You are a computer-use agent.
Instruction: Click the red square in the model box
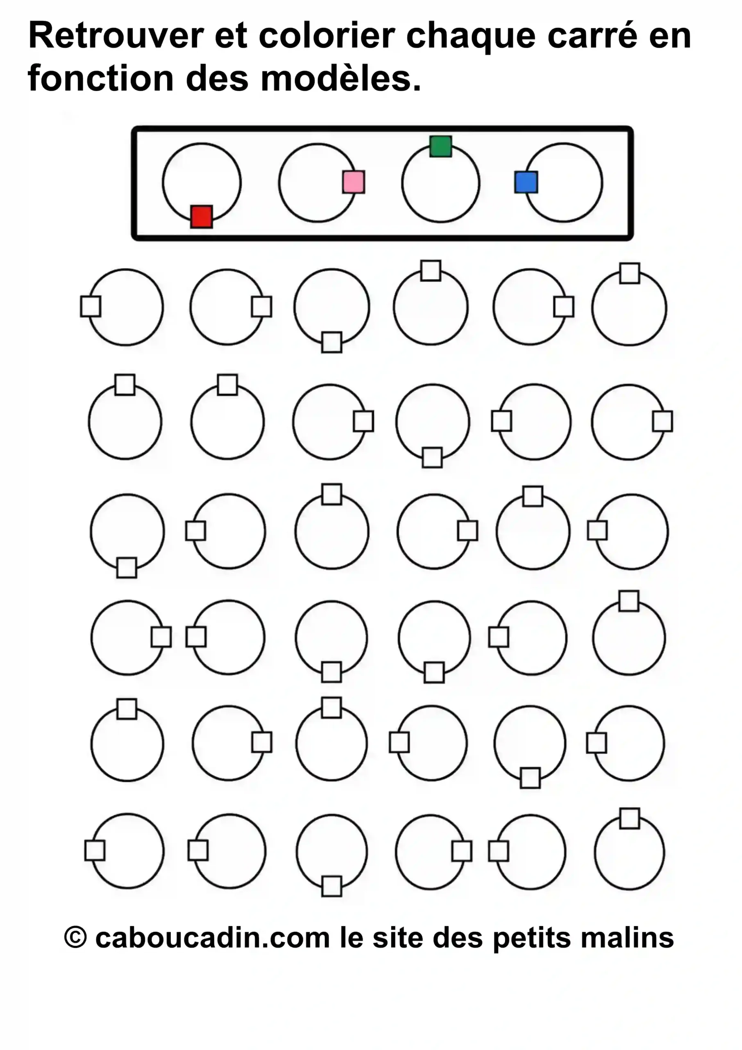[202, 217]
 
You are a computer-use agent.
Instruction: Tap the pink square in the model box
[354, 182]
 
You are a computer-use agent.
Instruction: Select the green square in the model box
[441, 146]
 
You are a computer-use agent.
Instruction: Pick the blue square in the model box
[526, 182]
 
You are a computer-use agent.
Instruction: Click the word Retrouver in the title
[116, 35]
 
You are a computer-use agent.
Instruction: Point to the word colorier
[327, 35]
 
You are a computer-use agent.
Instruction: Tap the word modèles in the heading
[341, 78]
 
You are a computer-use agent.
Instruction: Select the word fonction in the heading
[100, 78]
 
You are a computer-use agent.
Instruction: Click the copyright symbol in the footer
[75, 937]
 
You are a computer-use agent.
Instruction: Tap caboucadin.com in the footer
[213, 938]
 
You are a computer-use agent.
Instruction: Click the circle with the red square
[202, 183]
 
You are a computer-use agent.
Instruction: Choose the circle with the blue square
[563, 183]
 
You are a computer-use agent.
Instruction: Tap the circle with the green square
[441, 183]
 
